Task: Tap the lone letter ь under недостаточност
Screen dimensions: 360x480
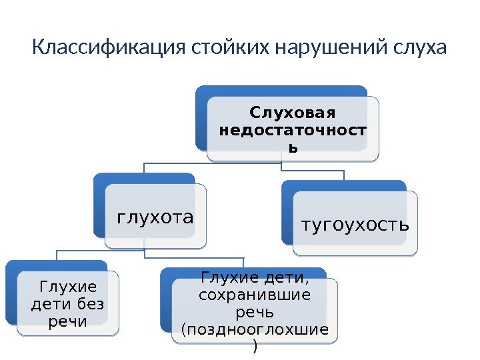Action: pyautogui.click(x=292, y=147)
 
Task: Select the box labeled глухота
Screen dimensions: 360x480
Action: pyautogui.click(x=155, y=217)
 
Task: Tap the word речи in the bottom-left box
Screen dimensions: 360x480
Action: pyautogui.click(x=68, y=322)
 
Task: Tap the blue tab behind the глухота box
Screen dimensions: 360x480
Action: pyautogui.click(x=143, y=179)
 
